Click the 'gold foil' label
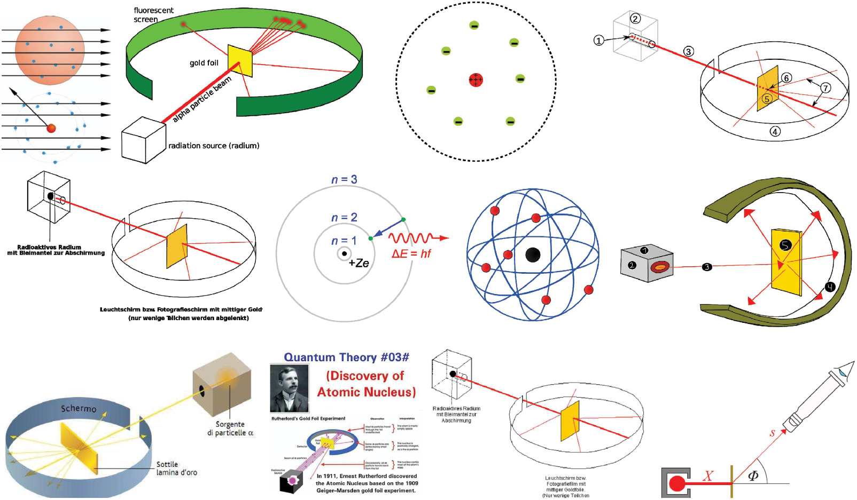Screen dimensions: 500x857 [204, 63]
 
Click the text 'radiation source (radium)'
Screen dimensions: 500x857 [214, 146]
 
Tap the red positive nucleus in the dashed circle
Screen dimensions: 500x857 [476, 80]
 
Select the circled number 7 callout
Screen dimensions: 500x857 [825, 88]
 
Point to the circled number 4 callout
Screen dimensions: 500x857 [775, 131]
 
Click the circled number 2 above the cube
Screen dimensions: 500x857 [635, 19]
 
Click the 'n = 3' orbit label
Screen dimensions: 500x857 [344, 179]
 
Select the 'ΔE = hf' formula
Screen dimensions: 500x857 [411, 254]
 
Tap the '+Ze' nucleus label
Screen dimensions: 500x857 [359, 263]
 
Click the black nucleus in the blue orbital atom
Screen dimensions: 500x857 [533, 255]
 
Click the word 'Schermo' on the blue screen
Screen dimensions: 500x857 [79, 408]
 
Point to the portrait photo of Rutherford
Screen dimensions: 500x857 [290, 388]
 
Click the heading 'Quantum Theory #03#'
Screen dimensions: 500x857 [346, 357]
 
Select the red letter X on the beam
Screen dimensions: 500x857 [708, 475]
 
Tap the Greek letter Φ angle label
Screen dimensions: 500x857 [753, 475]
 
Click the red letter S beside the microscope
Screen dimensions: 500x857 [772, 433]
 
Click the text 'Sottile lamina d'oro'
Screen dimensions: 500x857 [176, 469]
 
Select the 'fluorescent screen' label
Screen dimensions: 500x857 [153, 15]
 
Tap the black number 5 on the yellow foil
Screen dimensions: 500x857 [785, 245]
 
